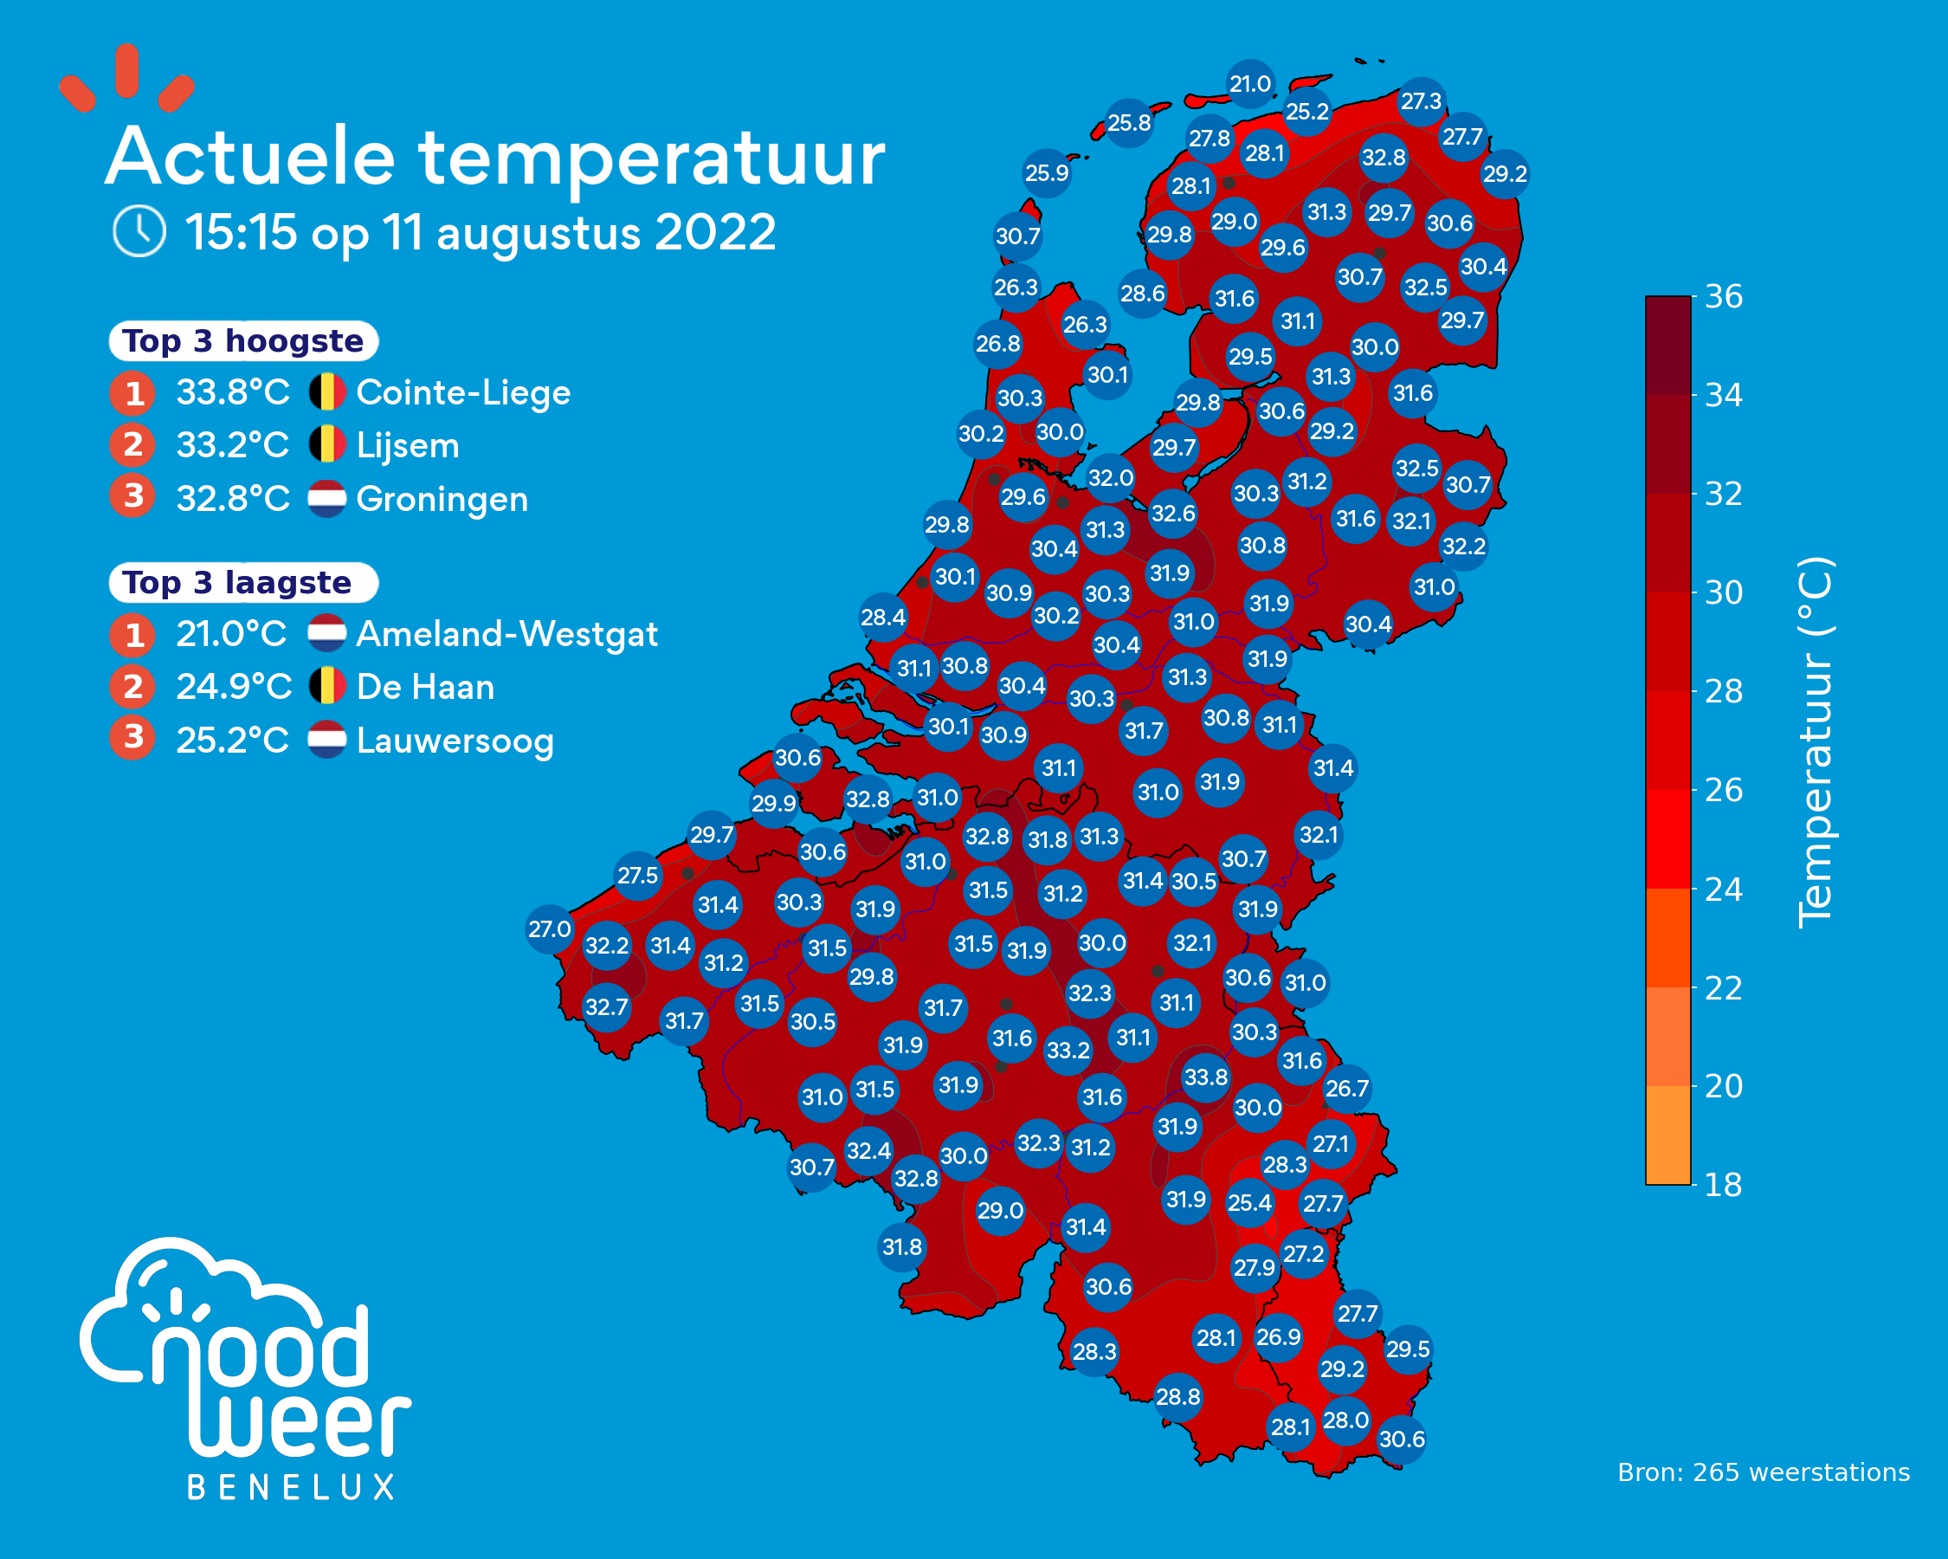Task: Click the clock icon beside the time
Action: coord(139,231)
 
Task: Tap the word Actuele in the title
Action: coord(250,158)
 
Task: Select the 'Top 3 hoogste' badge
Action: coord(243,340)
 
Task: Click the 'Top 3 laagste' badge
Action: coord(243,582)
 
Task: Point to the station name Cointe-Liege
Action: coord(462,393)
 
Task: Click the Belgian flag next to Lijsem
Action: coord(327,444)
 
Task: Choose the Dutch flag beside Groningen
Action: coord(327,498)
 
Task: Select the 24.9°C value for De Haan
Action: coord(233,687)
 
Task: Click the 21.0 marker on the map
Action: coord(1250,84)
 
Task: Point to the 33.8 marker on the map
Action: coord(1206,1077)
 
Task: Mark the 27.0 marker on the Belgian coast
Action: coord(550,929)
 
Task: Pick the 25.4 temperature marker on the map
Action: coord(1249,1203)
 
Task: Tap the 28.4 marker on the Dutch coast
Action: coord(883,618)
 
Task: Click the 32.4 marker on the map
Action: coord(869,1150)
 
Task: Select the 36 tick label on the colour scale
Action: coord(1724,296)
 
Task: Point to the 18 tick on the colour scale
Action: coord(1724,1185)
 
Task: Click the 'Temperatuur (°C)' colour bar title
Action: coord(1815,741)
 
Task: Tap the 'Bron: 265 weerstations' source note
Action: coord(1764,1473)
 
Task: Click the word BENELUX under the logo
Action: coord(291,1488)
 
